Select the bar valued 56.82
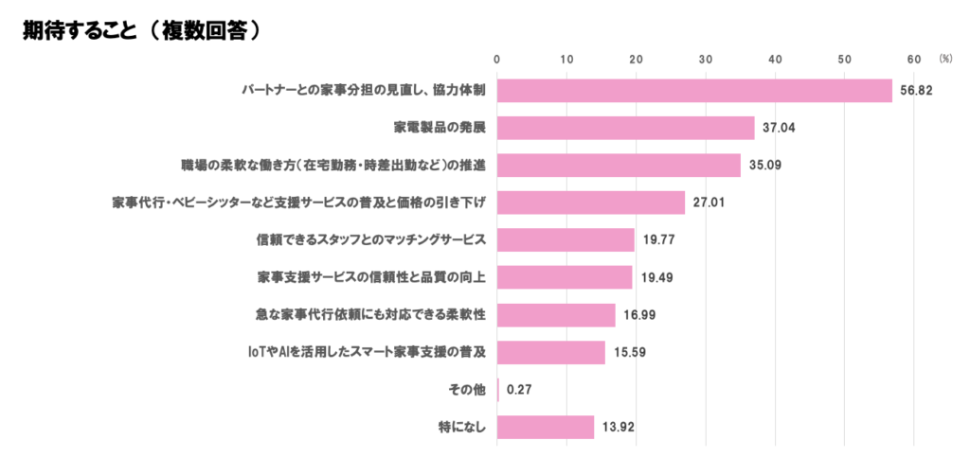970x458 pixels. (694, 90)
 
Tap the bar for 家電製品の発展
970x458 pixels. (625, 128)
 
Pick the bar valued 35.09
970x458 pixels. (619, 165)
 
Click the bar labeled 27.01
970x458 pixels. (591, 203)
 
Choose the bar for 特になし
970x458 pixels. (546, 427)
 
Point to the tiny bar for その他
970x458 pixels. (498, 389)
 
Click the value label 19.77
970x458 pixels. (658, 240)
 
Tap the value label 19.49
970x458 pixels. (656, 277)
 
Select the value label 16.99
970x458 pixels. (639, 315)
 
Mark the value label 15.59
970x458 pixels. (630, 352)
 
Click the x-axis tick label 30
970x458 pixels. (706, 60)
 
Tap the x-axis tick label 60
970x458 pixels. (914, 60)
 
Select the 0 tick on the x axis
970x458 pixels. (497, 60)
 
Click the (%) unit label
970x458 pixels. (945, 59)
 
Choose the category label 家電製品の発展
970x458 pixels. (440, 128)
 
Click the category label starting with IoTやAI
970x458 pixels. (366, 352)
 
